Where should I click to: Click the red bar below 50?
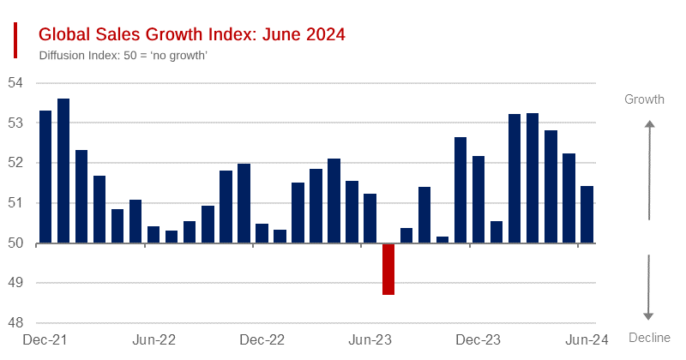[388, 269]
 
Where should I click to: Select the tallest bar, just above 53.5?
[63, 171]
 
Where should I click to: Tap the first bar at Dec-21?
[45, 177]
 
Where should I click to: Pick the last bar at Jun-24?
[587, 214]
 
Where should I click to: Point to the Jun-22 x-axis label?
[154, 339]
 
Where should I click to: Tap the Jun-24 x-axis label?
[587, 339]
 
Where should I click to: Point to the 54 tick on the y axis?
[15, 83]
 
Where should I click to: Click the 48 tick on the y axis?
[15, 323]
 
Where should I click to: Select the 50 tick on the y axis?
[15, 243]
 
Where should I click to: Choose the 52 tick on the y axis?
[15, 163]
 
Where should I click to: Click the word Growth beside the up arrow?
[644, 99]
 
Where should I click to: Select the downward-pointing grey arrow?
[649, 287]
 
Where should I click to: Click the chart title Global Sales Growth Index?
[192, 35]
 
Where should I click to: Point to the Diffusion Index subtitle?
[124, 56]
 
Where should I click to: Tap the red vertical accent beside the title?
[15, 40]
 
